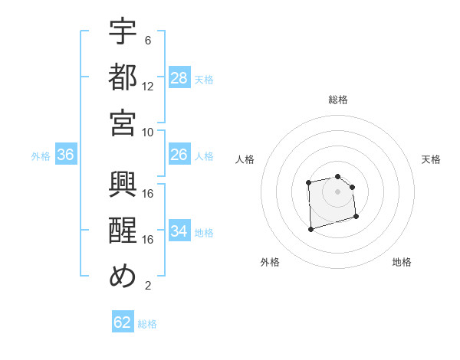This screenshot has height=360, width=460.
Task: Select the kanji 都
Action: pyautogui.click(x=123, y=77)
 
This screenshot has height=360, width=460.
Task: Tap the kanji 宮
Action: pyautogui.click(x=123, y=123)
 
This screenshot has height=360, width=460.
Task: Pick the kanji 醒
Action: pyautogui.click(x=123, y=231)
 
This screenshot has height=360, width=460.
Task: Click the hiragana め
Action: pyautogui.click(x=123, y=277)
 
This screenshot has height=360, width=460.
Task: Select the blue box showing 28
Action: pyautogui.click(x=179, y=78)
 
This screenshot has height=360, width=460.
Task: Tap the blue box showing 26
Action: pyautogui.click(x=179, y=155)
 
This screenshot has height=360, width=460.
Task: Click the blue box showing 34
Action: pyautogui.click(x=179, y=231)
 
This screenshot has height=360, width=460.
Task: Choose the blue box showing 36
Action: pyautogui.click(x=66, y=155)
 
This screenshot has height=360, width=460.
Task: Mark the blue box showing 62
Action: pyautogui.click(x=123, y=322)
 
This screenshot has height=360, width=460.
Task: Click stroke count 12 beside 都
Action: pyautogui.click(x=148, y=86)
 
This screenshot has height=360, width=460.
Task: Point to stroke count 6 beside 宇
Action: pyautogui.click(x=148, y=40)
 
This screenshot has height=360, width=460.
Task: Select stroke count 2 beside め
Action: pyautogui.click(x=148, y=286)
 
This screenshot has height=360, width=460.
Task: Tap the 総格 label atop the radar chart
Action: pyautogui.click(x=338, y=100)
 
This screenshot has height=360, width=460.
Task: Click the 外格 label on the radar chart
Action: pyautogui.click(x=270, y=262)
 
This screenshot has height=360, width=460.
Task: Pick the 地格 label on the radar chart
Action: pyautogui.click(x=402, y=262)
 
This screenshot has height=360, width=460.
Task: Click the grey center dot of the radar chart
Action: pyautogui.click(x=337, y=191)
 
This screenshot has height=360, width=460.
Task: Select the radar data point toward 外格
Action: pyautogui.click(x=310, y=228)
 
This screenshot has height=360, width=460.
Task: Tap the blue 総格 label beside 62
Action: pyautogui.click(x=147, y=324)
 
